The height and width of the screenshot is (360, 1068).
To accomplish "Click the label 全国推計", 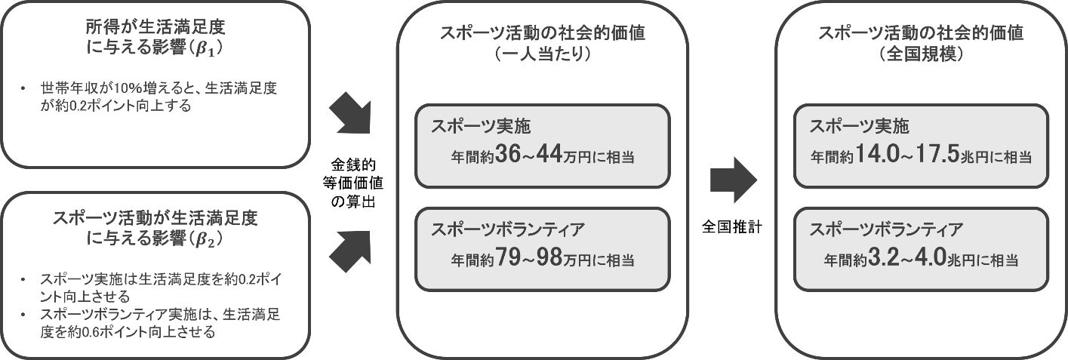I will (732, 226).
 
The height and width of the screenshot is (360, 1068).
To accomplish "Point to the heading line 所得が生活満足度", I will (155, 28).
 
